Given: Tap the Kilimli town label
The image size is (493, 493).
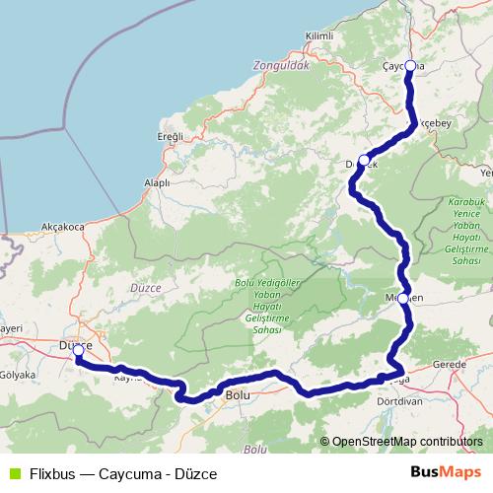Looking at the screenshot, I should (x=321, y=35).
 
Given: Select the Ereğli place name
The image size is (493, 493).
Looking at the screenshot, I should (x=171, y=135).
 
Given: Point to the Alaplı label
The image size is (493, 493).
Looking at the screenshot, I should (x=157, y=182).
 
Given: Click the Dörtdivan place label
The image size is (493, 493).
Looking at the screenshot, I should (x=400, y=401).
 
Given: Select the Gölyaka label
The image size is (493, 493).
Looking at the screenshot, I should (x=18, y=376).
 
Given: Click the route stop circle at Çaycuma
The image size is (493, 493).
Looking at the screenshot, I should (x=410, y=66).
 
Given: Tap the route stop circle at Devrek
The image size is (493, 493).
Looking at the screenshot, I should (x=364, y=160).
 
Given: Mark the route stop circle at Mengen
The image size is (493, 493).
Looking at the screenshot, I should (x=402, y=298).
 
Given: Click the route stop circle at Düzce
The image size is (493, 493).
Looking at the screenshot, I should (x=78, y=349).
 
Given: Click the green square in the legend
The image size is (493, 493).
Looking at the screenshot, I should (x=13, y=473).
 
